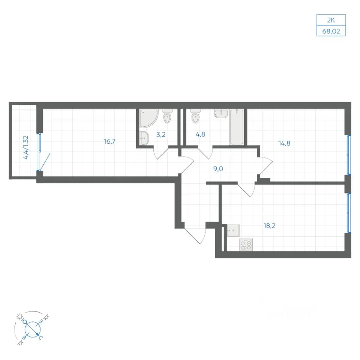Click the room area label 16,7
point(109,141)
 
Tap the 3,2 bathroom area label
point(161,135)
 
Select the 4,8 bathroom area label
point(200,134)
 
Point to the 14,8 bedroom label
point(284,143)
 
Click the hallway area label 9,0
point(218,169)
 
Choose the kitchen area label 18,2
point(269,226)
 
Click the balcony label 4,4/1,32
point(26,147)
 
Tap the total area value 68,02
point(331,31)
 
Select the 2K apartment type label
point(331,20)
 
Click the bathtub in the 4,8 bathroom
point(237,127)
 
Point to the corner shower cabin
point(148,118)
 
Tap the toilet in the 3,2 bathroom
point(167,116)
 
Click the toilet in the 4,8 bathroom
point(195,116)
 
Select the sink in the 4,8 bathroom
point(221,113)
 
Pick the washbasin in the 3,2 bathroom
point(144,138)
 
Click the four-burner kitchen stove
point(246,245)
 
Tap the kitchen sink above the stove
point(233,230)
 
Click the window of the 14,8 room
point(348,155)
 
